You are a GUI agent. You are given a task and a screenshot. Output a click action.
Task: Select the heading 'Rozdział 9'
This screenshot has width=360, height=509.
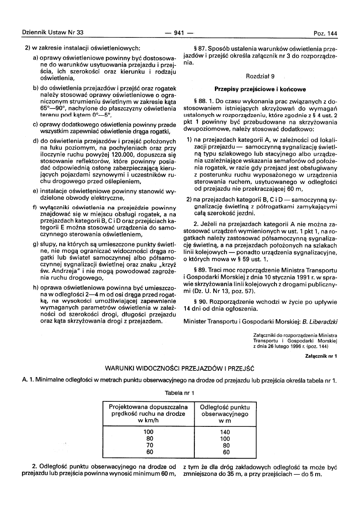(260, 76)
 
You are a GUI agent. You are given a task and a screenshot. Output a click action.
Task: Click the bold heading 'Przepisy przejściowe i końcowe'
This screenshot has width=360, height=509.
(260, 89)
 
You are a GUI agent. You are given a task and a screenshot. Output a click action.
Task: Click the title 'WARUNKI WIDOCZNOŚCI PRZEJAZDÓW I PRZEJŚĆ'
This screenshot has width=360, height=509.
(179, 368)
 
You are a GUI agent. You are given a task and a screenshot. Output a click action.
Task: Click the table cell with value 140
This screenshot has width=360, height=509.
(225, 432)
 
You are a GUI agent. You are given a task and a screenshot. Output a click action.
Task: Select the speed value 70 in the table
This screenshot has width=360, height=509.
(149, 445)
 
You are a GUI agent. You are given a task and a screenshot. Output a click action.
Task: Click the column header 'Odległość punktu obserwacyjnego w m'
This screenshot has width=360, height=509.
(225, 414)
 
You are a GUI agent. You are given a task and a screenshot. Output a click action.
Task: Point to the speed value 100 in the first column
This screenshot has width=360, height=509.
(149, 432)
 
